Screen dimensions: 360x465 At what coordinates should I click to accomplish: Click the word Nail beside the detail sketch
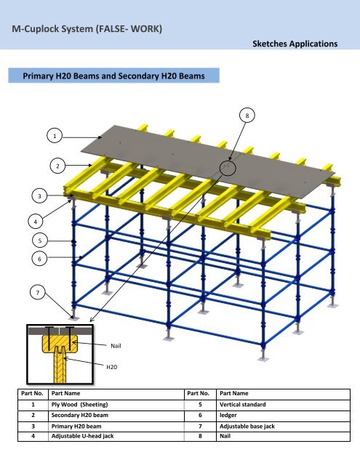(116, 346)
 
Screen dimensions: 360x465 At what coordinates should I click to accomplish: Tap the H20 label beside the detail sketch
(111, 367)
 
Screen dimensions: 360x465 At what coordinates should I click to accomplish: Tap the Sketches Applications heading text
(295, 44)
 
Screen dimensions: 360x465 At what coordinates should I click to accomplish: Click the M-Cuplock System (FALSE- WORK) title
(87, 29)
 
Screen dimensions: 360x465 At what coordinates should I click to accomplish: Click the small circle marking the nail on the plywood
(228, 168)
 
